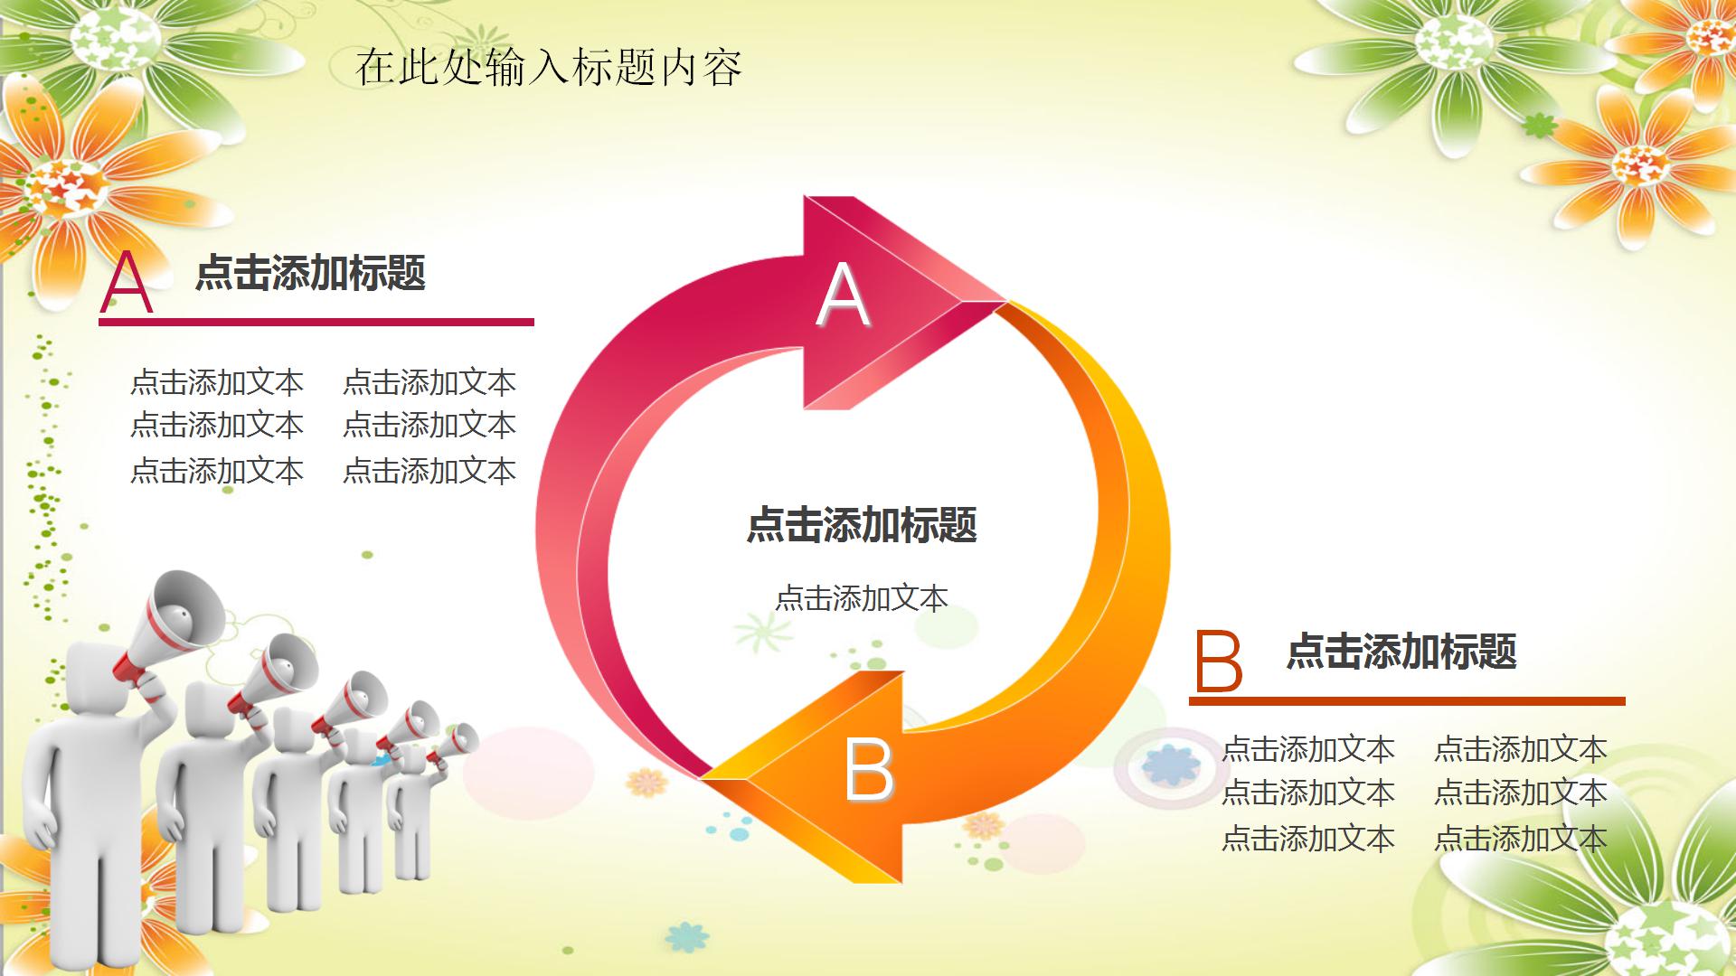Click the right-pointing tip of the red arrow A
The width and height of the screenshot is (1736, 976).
tap(1005, 299)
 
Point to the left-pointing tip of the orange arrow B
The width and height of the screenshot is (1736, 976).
tap(703, 777)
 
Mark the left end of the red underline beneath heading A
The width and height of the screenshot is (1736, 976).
tap(99, 322)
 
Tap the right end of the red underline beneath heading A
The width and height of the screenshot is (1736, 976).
tap(533, 322)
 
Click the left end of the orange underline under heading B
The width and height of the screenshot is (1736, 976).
tap(1190, 701)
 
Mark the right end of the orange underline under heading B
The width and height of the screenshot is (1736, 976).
tap(1625, 701)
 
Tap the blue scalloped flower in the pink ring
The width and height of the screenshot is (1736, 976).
tap(1171, 765)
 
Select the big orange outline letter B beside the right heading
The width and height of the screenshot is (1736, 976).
tap(1219, 661)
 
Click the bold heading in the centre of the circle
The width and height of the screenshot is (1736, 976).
tap(862, 525)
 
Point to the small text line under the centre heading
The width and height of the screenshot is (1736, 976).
tap(862, 598)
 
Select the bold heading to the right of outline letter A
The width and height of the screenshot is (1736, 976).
tap(310, 273)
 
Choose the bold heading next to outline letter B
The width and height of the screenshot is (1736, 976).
tap(1401, 652)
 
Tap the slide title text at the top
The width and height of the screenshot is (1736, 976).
tap(549, 68)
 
